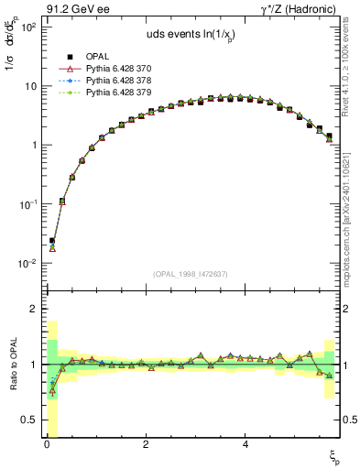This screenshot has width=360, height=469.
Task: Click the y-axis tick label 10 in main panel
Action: (x=29, y=86)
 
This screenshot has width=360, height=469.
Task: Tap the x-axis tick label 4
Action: (x=245, y=445)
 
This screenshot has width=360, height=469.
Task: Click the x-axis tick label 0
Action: (x=46, y=445)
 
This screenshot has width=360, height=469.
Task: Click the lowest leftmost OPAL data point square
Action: (x=51, y=241)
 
